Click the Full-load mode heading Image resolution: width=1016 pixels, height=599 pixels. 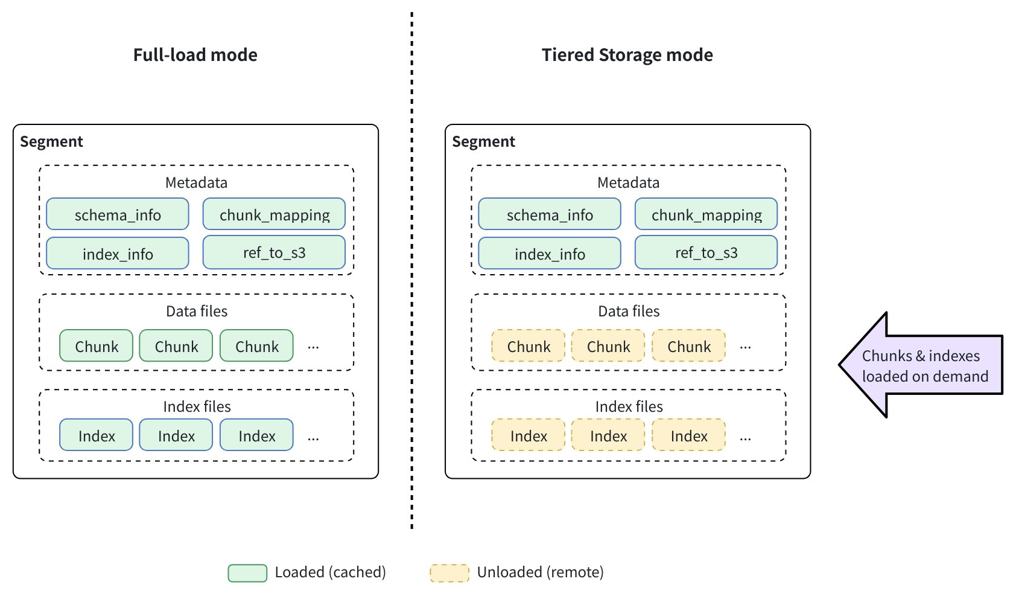195,55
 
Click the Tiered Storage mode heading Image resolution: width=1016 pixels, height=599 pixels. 627,55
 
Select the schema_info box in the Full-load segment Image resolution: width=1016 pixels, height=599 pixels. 118,214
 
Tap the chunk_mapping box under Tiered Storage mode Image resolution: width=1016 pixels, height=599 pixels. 706,214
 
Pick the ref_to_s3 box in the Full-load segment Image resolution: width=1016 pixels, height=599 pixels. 274,252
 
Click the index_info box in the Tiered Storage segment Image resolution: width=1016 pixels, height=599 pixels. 550,254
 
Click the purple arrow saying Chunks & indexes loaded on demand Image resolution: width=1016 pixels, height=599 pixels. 923,365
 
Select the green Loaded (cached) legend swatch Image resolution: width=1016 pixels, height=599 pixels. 247,572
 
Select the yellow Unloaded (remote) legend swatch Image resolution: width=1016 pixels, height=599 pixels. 449,572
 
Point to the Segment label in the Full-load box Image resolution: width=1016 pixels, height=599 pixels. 51,141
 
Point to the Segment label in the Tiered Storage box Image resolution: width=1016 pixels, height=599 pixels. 483,141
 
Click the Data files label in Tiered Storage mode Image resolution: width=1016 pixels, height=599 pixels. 629,311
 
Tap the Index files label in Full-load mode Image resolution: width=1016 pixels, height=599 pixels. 197,406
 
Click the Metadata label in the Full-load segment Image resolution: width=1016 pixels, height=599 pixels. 196,182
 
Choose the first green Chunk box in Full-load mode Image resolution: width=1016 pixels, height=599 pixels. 96,346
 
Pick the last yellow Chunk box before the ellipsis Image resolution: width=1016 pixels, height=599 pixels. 688,346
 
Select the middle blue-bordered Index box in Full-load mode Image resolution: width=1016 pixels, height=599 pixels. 176,435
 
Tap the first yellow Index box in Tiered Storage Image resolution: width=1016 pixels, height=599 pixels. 529,435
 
